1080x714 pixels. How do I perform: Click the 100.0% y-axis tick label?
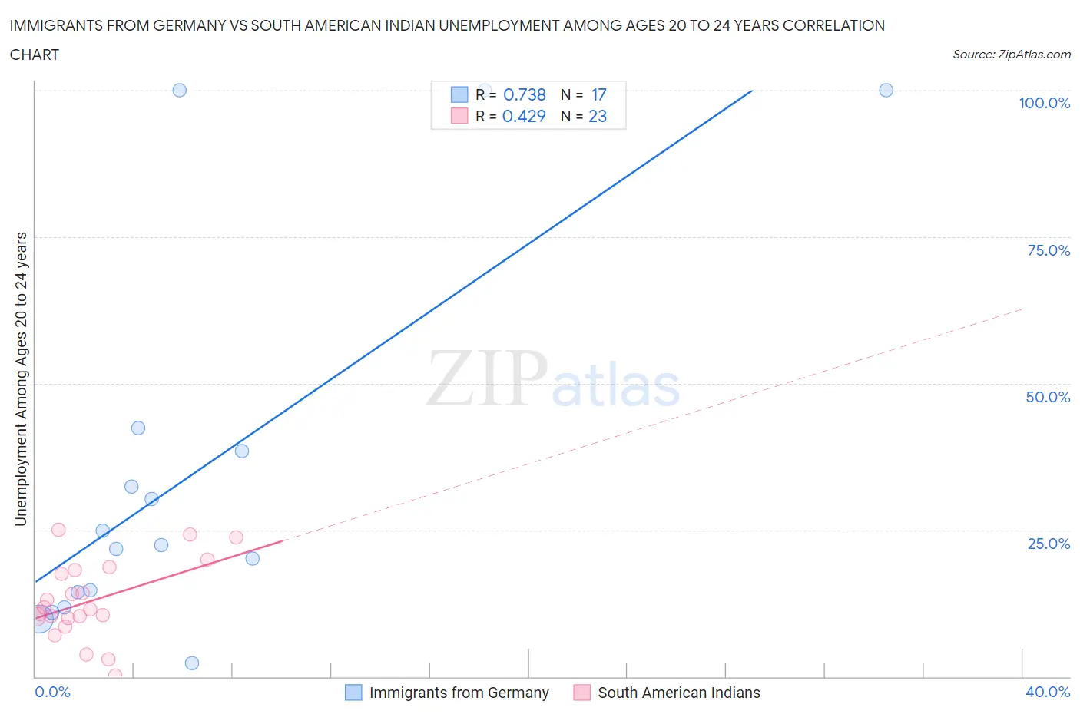1044,103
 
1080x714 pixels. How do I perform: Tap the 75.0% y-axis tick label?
1048,250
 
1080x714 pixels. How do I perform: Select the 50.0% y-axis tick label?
1047,397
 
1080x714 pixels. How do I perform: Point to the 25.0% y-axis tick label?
1048,544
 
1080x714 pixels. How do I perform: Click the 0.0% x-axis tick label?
52,692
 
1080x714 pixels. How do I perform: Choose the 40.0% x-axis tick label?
1047,692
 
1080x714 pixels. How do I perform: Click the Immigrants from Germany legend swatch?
353,693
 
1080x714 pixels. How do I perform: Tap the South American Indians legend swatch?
581,693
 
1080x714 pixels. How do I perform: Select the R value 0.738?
524,94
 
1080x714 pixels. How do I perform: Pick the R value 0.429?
524,116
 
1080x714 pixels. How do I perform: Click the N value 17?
598,94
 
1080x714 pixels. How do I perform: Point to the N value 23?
597,116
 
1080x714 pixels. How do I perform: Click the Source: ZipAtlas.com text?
1011,55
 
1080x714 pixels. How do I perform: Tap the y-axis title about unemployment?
21,378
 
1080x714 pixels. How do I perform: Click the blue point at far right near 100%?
886,90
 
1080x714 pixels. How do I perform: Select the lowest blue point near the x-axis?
192,663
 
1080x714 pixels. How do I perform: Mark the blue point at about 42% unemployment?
138,428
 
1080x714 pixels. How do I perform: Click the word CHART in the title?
35,55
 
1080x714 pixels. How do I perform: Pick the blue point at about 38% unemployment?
242,451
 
